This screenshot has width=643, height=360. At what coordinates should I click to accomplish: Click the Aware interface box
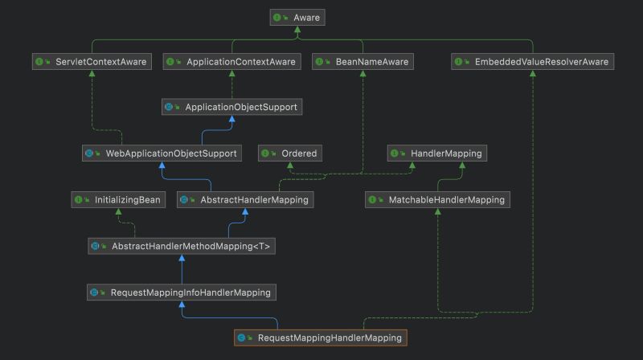[297, 16]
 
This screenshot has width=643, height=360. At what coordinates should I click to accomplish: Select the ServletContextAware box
[91, 61]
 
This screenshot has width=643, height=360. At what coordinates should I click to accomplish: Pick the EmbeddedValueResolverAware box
[532, 61]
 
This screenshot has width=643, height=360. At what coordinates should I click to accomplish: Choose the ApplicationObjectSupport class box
[232, 106]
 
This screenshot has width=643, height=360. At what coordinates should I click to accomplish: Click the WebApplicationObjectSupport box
[162, 153]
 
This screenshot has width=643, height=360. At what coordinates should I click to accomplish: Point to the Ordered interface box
[290, 153]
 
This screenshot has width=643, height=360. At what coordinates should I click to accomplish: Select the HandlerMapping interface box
[437, 153]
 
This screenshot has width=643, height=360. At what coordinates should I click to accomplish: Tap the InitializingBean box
[118, 199]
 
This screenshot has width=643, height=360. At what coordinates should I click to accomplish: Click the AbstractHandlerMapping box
[244, 199]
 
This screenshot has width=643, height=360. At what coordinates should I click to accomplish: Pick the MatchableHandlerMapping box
[437, 199]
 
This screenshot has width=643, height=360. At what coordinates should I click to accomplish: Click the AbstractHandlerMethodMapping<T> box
[182, 246]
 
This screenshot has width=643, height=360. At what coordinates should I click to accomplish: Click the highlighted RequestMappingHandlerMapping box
[321, 338]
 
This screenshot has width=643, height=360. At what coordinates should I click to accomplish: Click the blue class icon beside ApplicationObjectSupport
[169, 107]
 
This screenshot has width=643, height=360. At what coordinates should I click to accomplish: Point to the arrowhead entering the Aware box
[297, 29]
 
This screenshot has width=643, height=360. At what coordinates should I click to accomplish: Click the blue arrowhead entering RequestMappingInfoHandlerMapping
[182, 305]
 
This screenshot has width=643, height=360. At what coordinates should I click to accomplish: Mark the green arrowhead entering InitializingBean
[118, 212]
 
